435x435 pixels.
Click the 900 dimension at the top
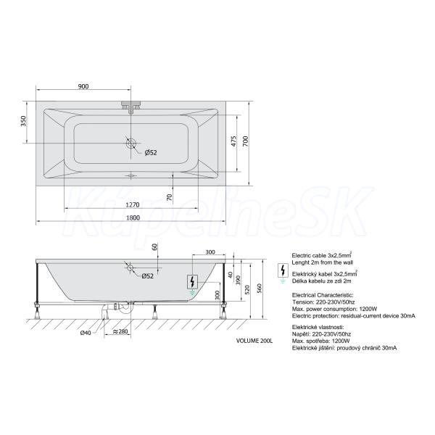(83, 86)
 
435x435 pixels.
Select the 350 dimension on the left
(24, 121)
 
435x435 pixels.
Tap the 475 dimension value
(233, 141)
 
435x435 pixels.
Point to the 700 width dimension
(246, 141)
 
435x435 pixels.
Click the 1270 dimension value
(133, 205)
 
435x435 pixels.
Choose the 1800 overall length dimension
(133, 217)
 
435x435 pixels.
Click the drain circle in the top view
(130, 143)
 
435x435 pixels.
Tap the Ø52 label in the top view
(151, 152)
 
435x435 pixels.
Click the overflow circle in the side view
(130, 268)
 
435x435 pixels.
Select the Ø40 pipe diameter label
(86, 333)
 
